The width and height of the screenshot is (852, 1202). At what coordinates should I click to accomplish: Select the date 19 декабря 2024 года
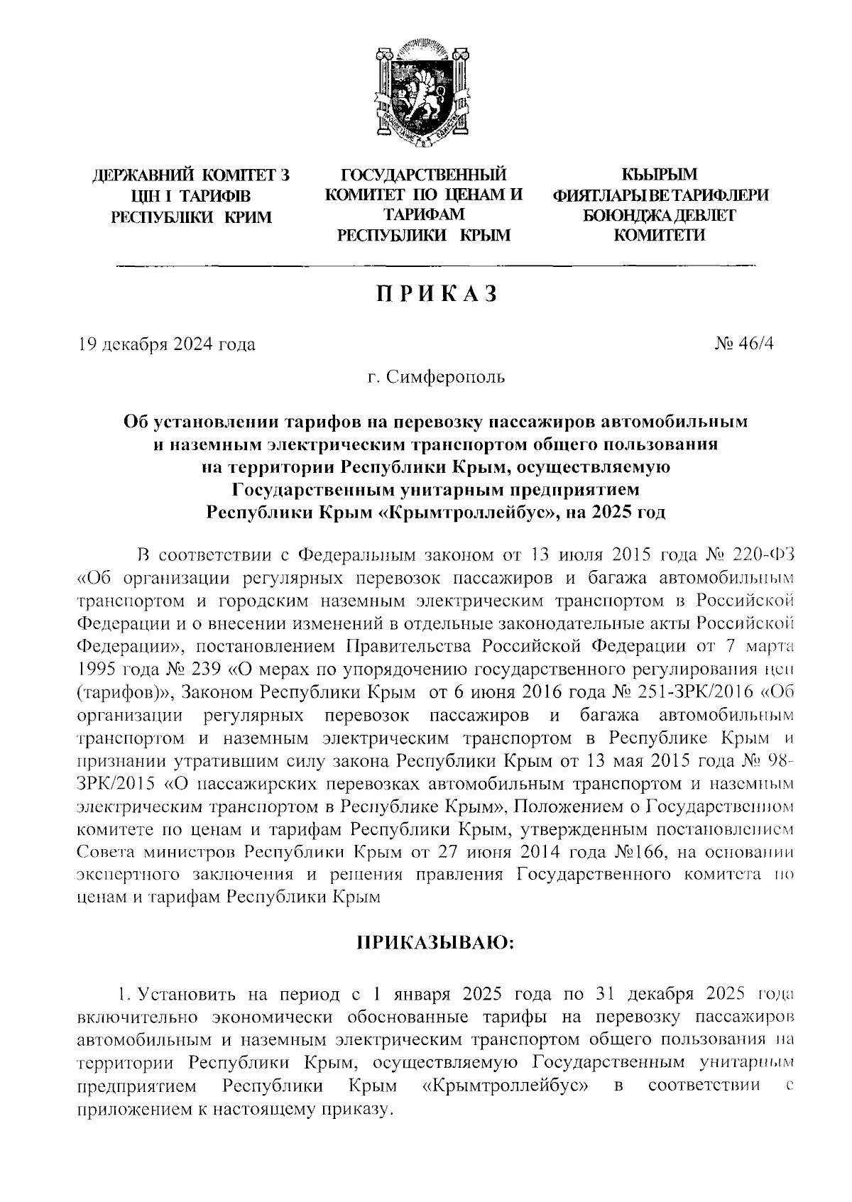tap(167, 345)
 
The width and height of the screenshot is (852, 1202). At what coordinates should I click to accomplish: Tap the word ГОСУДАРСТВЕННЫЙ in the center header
tap(424, 175)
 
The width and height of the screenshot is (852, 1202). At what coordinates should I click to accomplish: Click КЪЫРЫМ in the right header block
tap(660, 175)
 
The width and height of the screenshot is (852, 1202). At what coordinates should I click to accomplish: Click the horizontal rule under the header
tap(435, 266)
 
